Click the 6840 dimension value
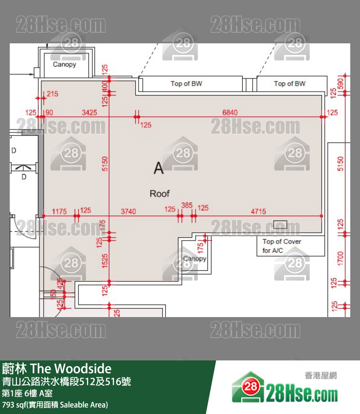click(230, 113)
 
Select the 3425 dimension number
click(90, 113)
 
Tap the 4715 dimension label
click(258, 211)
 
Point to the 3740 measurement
click(128, 211)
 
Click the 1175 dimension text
click(59, 211)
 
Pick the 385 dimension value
click(187, 205)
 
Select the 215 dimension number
click(52, 94)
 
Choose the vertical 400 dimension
click(105, 87)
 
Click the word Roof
click(160, 194)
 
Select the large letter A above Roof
click(159, 169)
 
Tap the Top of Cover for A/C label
click(282, 246)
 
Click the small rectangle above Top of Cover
click(280, 224)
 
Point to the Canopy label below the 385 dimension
click(195, 259)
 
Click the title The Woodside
click(57, 368)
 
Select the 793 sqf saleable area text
click(55, 405)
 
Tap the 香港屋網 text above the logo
click(321, 376)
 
